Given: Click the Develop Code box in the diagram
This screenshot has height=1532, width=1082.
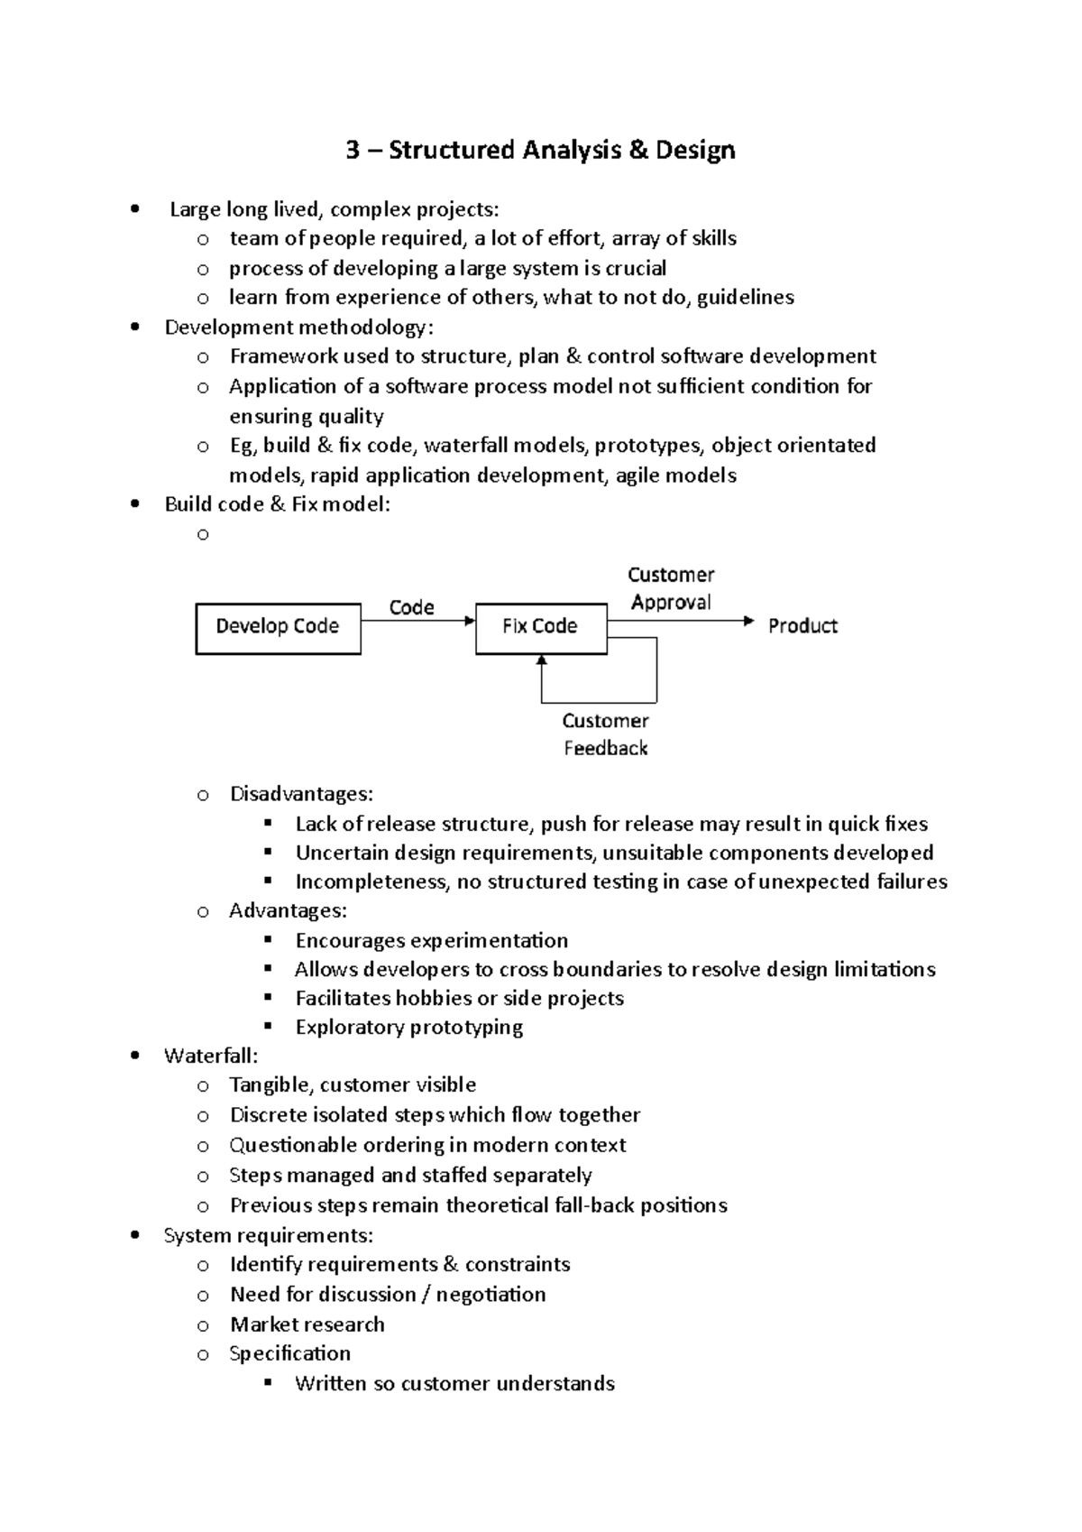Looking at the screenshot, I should (x=278, y=628).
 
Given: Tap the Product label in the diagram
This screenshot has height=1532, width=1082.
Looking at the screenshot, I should (x=802, y=626).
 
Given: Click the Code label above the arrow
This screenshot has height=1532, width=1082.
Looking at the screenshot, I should (x=411, y=607).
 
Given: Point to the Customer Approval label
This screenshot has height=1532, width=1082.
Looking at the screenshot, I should (x=671, y=588).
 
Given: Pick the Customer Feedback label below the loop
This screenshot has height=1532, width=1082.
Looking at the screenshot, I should (x=605, y=734).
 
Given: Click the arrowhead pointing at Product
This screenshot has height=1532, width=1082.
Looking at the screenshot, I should (x=747, y=621).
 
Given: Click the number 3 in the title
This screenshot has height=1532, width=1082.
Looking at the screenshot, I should (x=353, y=150).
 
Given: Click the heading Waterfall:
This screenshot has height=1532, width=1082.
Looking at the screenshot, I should (x=210, y=1056).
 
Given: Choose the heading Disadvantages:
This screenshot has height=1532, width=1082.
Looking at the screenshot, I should (x=301, y=794).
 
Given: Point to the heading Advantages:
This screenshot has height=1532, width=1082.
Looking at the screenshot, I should (x=288, y=910).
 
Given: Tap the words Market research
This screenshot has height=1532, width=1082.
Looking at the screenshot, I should (x=307, y=1324).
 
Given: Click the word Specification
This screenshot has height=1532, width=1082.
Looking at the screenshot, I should (x=289, y=1353).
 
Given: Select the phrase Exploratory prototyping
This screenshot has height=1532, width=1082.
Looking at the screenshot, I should (x=409, y=1027).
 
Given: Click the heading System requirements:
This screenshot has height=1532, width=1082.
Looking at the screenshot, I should (x=269, y=1235).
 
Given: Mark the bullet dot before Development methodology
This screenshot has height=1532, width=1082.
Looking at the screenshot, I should (x=134, y=328).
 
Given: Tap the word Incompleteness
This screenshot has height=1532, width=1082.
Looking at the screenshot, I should (x=371, y=881).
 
